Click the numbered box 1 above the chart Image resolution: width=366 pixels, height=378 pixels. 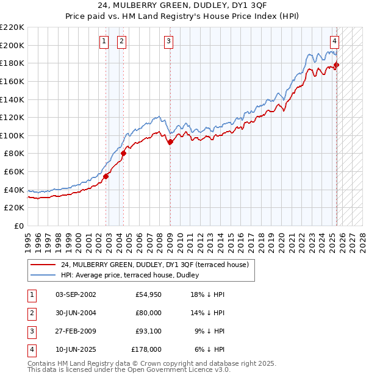click(x=104, y=41)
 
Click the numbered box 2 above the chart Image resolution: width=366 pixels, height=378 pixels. click(x=122, y=41)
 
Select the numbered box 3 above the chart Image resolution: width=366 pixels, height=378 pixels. click(x=168, y=41)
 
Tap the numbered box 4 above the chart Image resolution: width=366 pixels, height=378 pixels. click(x=335, y=41)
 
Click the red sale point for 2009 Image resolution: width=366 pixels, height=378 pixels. click(x=170, y=142)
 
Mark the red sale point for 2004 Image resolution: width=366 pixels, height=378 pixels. click(x=123, y=154)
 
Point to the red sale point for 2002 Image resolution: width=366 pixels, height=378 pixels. click(x=106, y=176)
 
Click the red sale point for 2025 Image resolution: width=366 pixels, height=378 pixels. click(x=336, y=65)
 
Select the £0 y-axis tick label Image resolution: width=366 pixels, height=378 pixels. click(x=18, y=226)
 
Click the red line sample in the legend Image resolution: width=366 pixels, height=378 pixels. click(x=43, y=265)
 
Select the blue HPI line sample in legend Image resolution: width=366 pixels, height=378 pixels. click(x=43, y=275)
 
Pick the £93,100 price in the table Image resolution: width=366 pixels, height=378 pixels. click(x=146, y=332)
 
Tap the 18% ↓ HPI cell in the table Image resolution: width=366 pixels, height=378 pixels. click(x=207, y=294)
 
